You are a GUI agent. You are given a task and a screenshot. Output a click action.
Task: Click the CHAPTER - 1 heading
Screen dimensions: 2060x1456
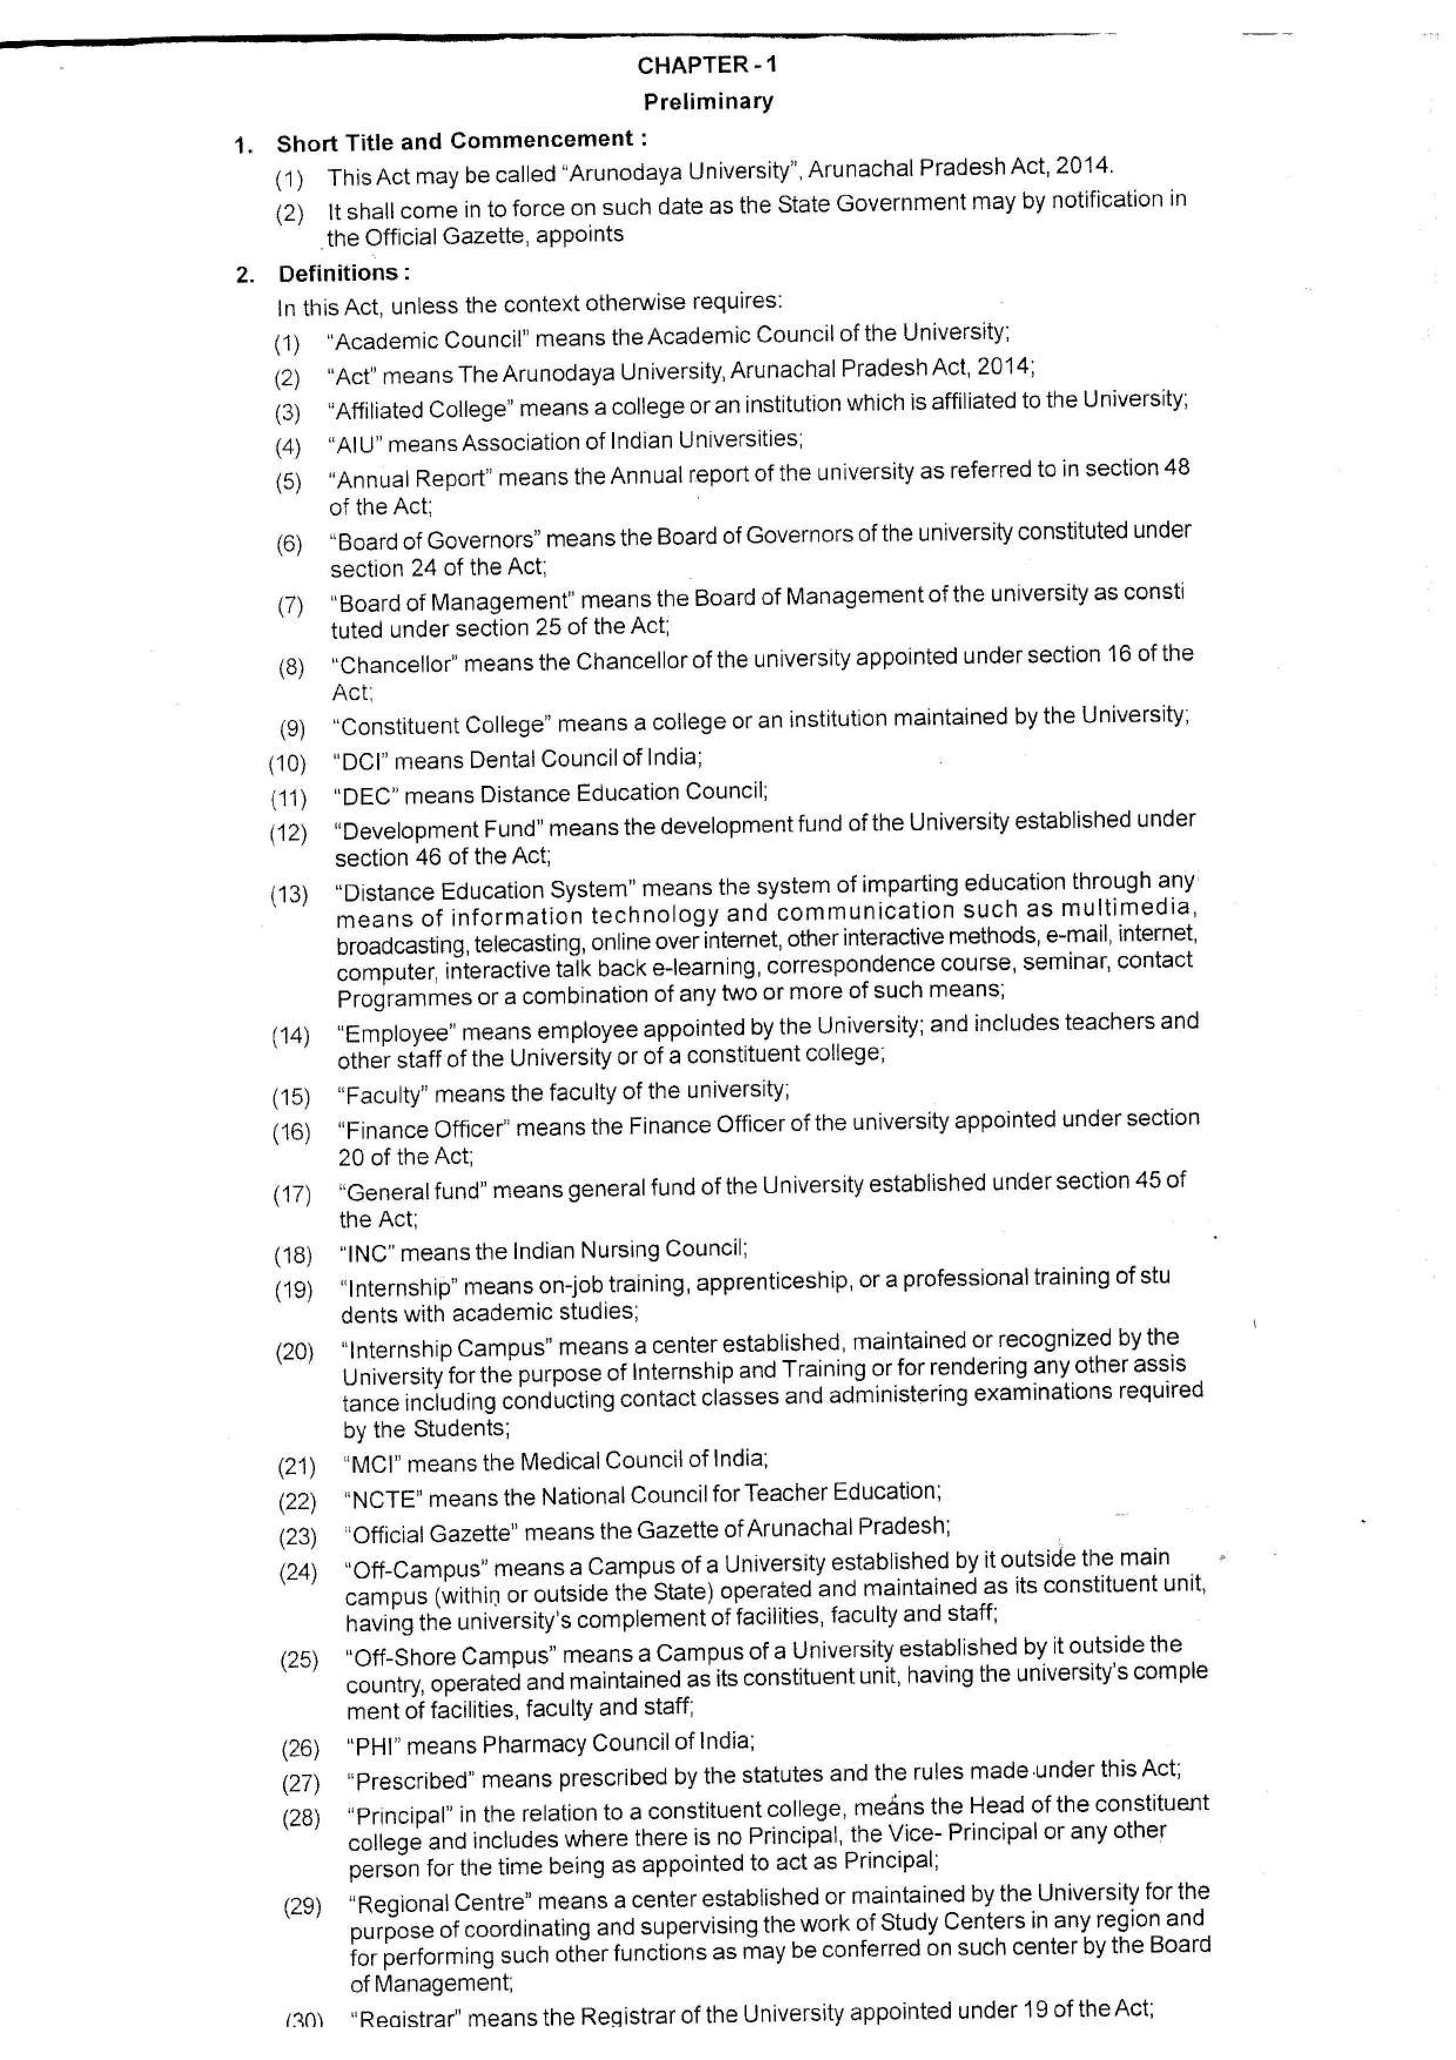(707, 65)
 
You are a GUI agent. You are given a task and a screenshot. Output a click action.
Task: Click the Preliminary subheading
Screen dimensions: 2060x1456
(708, 102)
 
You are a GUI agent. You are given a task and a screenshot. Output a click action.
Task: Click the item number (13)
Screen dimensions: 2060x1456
(289, 894)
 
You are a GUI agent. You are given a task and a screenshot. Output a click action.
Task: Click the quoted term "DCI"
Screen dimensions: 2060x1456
(359, 761)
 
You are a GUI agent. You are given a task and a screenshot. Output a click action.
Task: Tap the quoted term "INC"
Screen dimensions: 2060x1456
(367, 1253)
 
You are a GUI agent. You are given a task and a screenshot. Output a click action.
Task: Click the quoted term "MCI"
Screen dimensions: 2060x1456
(371, 1464)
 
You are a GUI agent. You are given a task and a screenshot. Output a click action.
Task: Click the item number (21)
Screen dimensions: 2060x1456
(296, 1466)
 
